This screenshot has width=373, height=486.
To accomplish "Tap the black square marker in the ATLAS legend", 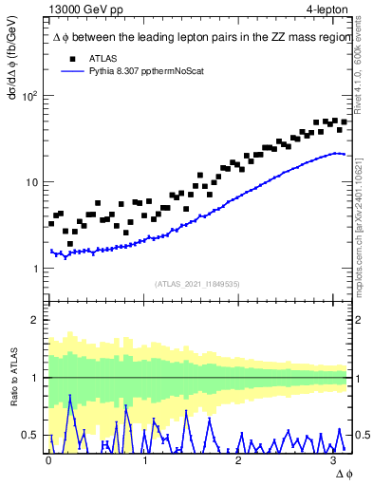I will click(69, 59).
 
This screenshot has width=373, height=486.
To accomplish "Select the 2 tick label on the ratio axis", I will click(34, 320).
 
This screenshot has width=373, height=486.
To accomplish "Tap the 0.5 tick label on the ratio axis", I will click(30, 436).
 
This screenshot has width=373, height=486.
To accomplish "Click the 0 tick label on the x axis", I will click(48, 460).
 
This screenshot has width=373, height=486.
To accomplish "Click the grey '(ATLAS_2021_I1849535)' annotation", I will click(197, 283).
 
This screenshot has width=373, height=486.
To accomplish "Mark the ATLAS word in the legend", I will click(103, 59).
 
